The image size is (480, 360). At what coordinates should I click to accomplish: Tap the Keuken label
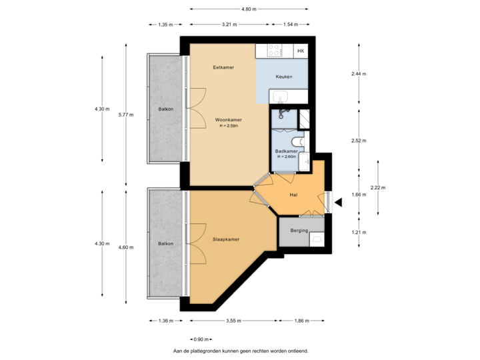284,77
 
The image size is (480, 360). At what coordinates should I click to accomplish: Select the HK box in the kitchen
301,51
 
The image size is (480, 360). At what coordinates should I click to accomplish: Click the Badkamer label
286,151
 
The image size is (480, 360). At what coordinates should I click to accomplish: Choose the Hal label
293,195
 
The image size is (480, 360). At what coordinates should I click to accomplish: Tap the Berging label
299,231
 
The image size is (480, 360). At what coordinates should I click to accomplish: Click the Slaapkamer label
226,239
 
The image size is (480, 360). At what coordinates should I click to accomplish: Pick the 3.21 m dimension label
229,25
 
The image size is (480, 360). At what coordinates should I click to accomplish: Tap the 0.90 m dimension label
201,339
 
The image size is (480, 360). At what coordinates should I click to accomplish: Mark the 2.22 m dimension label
378,187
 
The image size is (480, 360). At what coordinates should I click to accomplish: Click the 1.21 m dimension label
359,232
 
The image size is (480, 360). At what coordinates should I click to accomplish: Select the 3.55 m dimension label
233,321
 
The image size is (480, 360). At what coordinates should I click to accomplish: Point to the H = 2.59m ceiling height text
228,125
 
